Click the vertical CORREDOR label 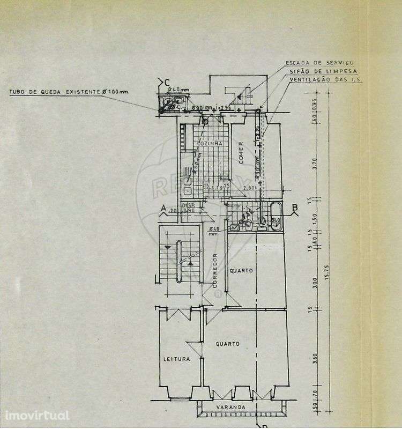click(215, 270)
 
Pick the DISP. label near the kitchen click(188, 205)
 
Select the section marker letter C click(161, 82)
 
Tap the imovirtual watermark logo click(37, 416)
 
